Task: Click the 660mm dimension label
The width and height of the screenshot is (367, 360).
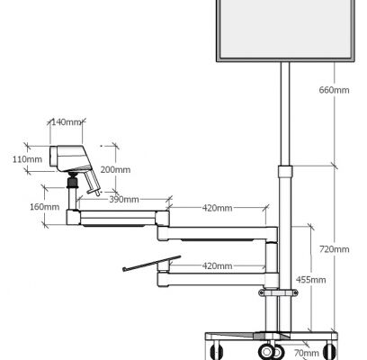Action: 334,90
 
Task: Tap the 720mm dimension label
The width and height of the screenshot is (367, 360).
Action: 334,249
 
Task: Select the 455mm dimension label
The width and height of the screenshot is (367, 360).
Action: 311,280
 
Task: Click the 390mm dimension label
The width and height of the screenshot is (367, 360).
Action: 124,200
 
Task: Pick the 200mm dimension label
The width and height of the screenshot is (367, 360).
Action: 115,169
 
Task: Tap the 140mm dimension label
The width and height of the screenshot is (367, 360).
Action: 67,122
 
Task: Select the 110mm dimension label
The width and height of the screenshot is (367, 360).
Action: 27,159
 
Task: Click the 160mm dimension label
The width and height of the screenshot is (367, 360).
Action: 44,207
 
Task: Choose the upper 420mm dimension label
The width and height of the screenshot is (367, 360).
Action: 217,208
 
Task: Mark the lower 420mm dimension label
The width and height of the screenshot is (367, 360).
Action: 217,265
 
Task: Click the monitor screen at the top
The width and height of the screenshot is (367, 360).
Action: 286,29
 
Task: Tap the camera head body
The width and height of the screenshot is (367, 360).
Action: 70,158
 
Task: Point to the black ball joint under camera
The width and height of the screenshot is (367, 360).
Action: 73,180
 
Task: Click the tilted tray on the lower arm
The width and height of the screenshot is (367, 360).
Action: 152,264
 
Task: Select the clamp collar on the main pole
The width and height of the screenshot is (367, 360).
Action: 278,292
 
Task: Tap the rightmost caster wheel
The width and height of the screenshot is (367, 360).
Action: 329,350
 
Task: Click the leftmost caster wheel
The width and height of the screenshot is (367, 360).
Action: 216,350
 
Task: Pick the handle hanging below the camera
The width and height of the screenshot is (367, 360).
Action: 93,182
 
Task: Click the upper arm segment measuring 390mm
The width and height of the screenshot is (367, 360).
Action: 118,218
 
